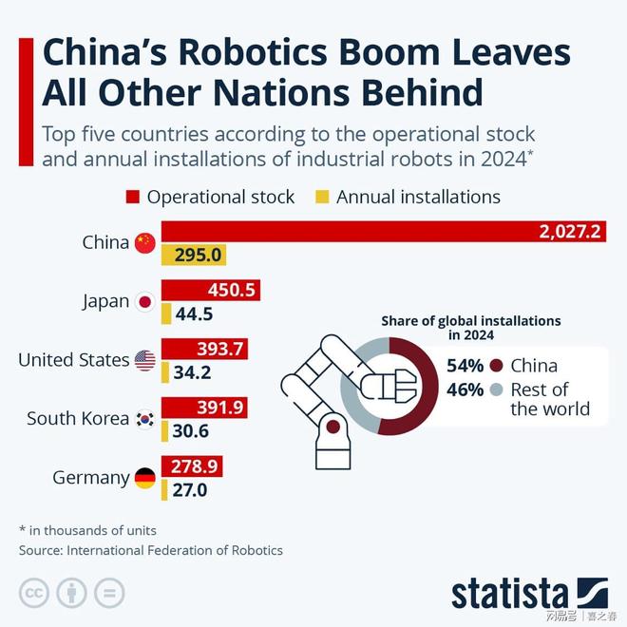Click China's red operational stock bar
click(380, 231)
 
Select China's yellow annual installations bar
click(193, 255)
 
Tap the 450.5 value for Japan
click(232, 291)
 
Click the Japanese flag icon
click(144, 301)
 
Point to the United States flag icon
click(144, 360)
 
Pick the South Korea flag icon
click(144, 419)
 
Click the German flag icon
click(144, 478)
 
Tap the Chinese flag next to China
click(144, 242)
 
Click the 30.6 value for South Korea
click(190, 431)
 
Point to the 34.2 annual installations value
click(190, 372)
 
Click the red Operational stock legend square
click(132, 198)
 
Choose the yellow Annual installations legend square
click(321, 198)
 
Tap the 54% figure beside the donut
click(465, 366)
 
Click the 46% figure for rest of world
click(465, 389)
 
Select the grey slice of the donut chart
click(353, 399)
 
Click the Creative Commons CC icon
click(36, 592)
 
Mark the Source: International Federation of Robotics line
click(151, 550)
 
